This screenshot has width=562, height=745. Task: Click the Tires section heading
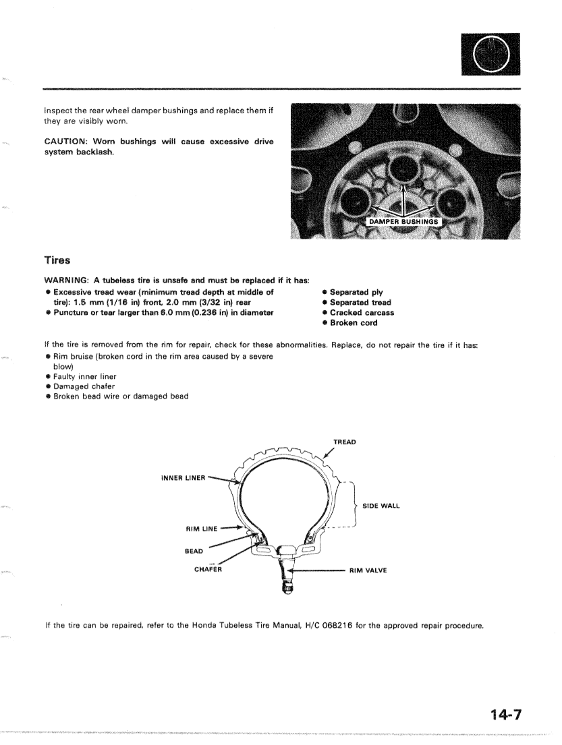57,260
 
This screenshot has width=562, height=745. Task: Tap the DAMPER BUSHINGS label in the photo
402,221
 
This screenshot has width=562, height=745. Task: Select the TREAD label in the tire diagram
344,442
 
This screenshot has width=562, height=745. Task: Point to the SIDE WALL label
381,506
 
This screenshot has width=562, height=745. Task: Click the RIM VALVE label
368,570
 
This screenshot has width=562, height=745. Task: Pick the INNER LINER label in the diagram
183,478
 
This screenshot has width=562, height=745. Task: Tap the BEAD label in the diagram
194,551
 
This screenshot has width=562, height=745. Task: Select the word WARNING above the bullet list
66,280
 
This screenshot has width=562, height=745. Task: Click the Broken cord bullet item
354,322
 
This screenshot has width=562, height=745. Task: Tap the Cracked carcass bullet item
362,312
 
